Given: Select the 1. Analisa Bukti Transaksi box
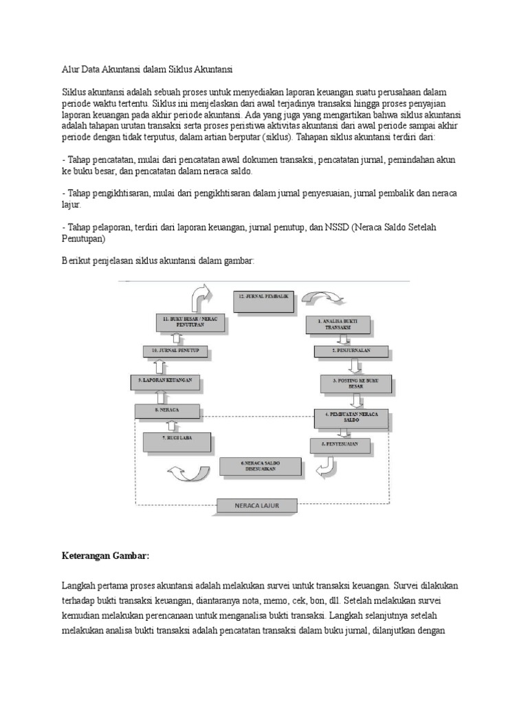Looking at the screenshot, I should [x=340, y=324].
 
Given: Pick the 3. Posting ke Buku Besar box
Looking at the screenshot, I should [x=355, y=383].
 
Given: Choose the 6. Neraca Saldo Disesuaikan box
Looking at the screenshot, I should [x=261, y=467].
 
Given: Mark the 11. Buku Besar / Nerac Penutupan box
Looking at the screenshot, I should [x=185, y=323].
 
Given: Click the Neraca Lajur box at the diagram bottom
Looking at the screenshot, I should [x=257, y=507].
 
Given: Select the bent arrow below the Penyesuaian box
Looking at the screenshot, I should [x=326, y=467].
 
